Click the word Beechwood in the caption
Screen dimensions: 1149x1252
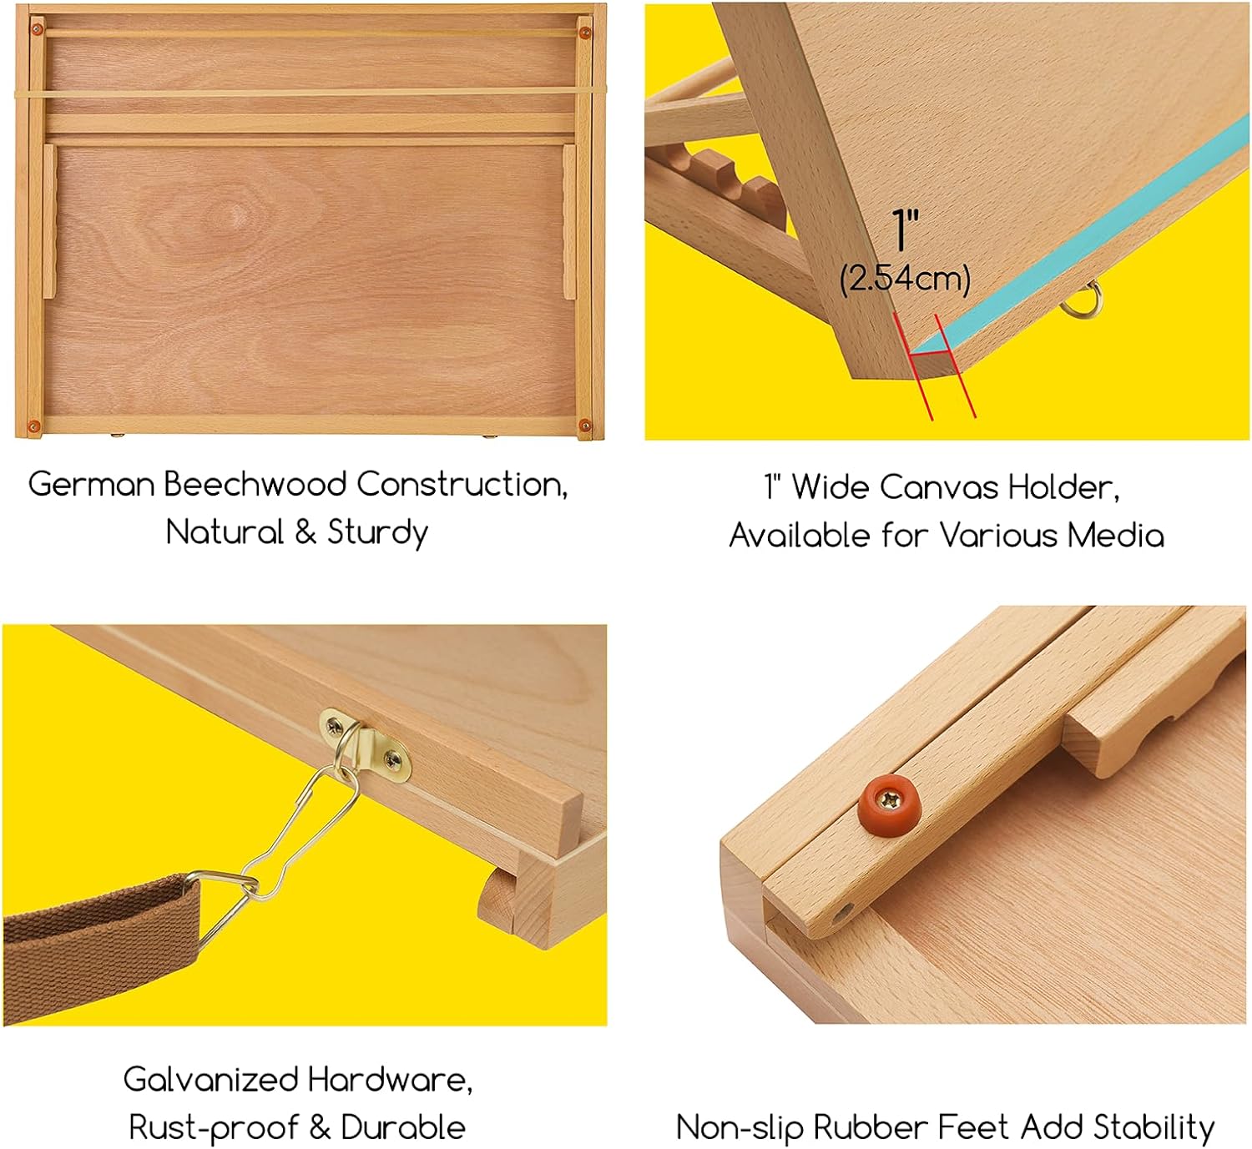(254, 485)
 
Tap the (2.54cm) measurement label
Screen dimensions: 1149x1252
(906, 278)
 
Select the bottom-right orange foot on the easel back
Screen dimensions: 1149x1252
(584, 426)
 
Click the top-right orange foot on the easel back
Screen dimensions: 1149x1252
(584, 33)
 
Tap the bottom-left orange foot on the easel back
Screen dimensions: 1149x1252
(34, 426)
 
